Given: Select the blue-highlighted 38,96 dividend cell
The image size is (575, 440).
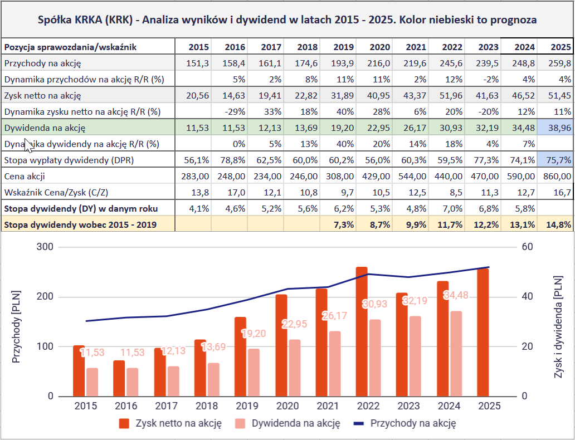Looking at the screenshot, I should tap(555, 128).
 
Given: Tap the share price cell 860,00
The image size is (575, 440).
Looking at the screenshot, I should tap(555, 176).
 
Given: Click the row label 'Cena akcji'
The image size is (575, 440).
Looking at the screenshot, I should tap(25, 176).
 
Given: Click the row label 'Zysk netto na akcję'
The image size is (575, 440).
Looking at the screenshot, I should tap(43, 95).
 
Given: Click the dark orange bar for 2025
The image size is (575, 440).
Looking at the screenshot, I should tap(483, 332).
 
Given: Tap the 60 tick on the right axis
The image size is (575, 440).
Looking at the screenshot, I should tap(527, 247).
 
